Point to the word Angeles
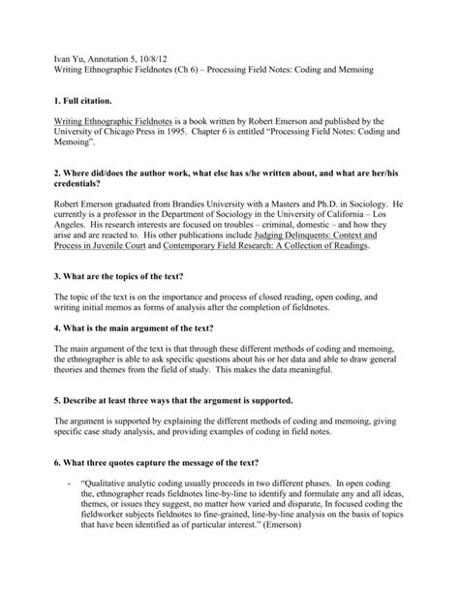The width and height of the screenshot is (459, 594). coord(75,234)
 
